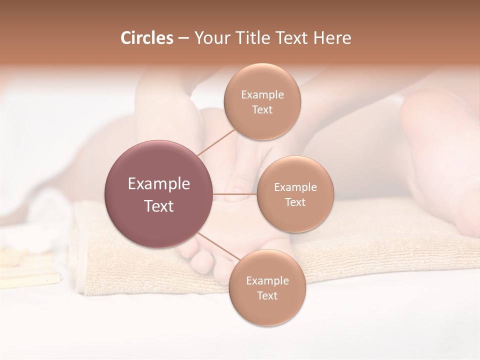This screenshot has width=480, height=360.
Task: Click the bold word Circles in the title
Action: coord(147,38)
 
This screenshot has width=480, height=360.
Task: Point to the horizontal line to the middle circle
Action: coord(235,193)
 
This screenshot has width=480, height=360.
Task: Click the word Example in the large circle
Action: coord(159,184)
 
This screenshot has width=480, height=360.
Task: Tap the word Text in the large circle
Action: coord(159,206)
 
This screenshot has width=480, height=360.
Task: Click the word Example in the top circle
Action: coord(262,94)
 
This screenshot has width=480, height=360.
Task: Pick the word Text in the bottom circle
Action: coord(267,295)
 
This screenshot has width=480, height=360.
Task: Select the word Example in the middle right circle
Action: coord(295,187)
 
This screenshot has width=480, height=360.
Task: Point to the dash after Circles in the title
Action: coord(183,38)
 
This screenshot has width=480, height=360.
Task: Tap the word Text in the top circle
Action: coord(262,109)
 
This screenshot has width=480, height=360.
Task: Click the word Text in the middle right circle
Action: coord(295,202)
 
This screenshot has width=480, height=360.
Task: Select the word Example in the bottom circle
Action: coord(267,280)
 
